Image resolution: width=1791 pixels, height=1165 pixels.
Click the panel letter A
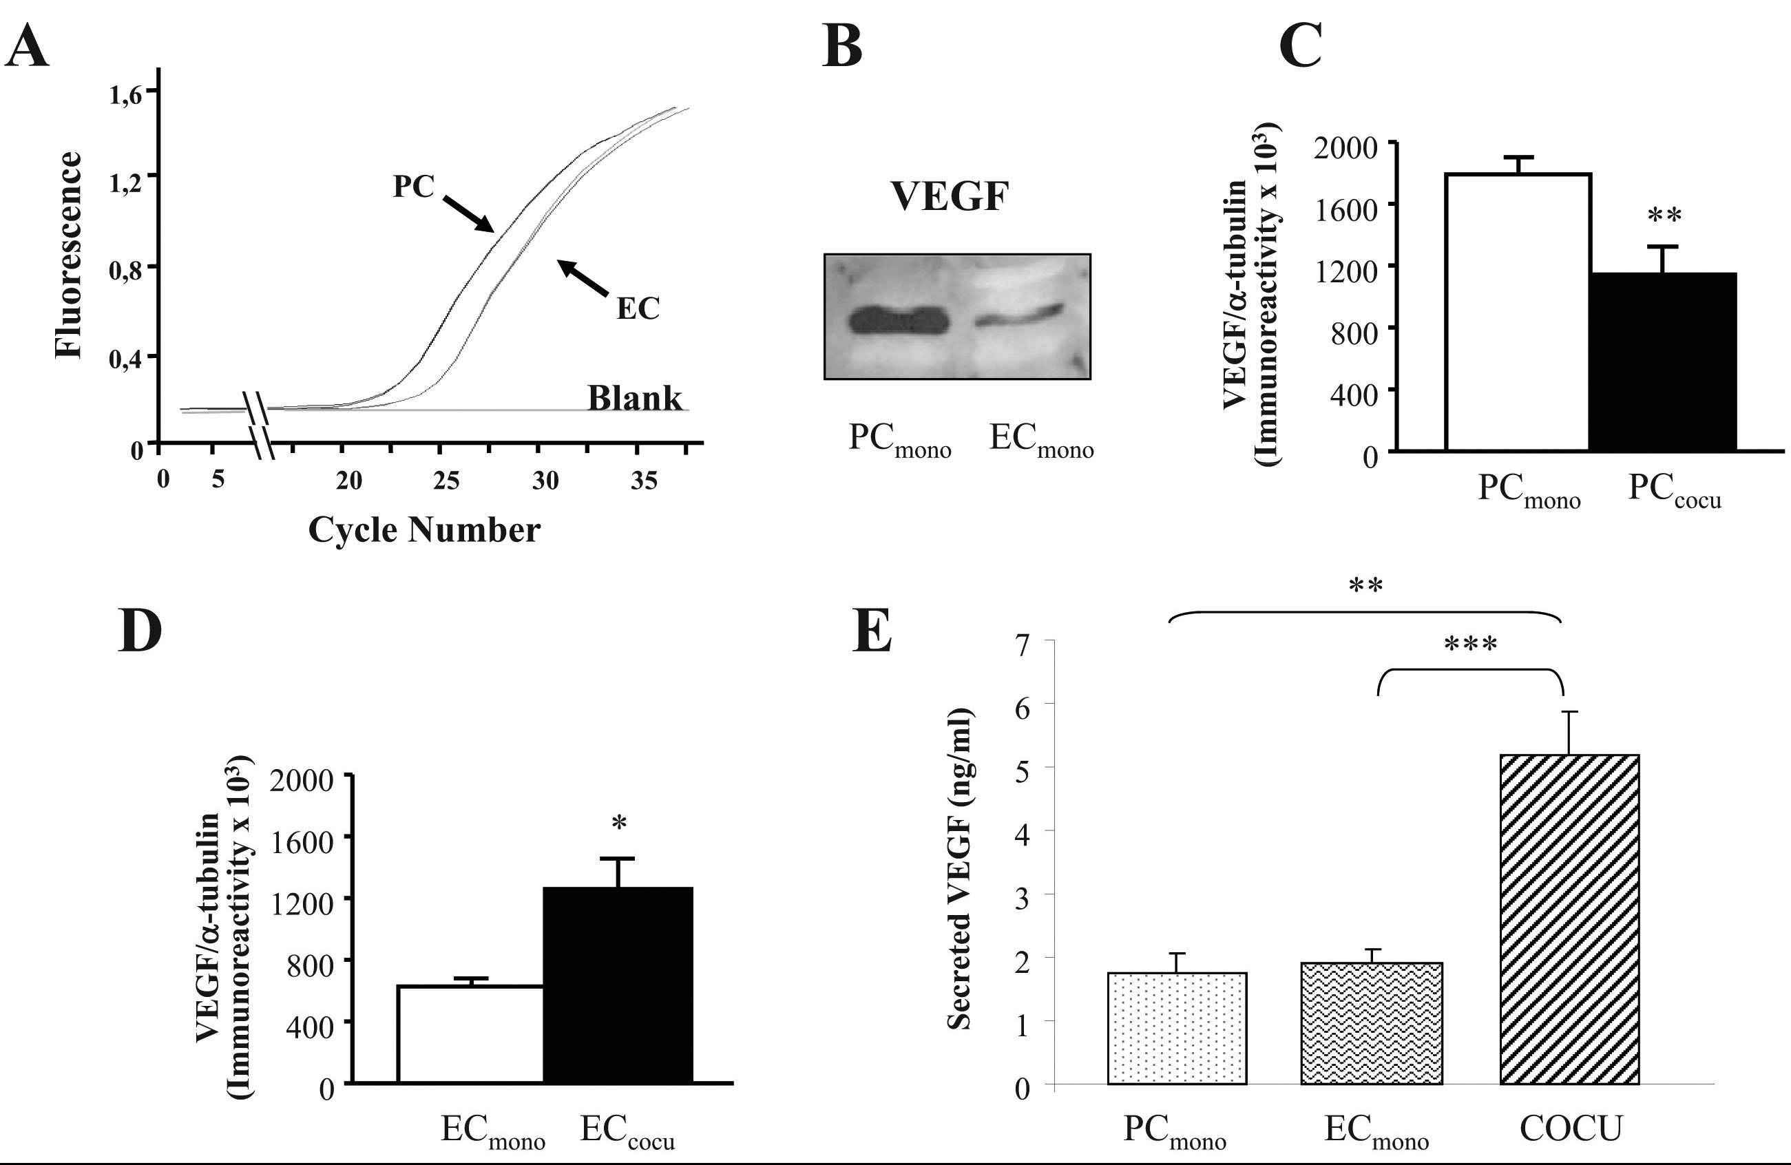[27, 47]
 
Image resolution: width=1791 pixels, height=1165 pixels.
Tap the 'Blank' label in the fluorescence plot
[634, 398]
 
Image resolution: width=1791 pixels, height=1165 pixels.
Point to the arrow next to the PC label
[468, 215]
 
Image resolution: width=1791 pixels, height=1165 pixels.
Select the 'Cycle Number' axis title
[424, 529]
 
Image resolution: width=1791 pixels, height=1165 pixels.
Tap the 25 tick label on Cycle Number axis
[446, 480]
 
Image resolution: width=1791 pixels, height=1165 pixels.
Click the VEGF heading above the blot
[950, 196]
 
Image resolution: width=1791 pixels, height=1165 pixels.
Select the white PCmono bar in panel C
[1517, 313]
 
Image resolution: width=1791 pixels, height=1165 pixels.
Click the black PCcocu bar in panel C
[1663, 362]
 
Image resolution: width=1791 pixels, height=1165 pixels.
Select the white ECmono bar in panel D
[470, 1034]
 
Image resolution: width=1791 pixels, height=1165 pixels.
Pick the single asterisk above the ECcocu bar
[618, 823]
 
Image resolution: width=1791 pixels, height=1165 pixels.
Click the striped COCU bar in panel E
[1569, 919]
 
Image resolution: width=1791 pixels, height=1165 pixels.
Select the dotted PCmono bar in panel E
[1177, 1028]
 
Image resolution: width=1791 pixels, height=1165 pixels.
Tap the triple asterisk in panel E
[1470, 644]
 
